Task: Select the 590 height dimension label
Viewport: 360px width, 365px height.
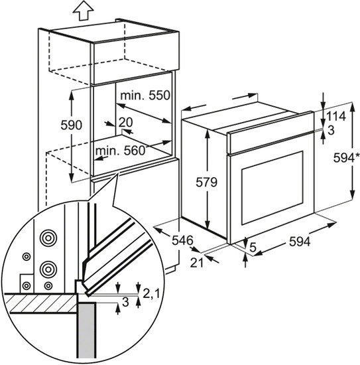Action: [x=72, y=125]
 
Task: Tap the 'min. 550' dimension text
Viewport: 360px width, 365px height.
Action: [x=145, y=95]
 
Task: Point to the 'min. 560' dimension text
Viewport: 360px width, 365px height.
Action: [x=120, y=151]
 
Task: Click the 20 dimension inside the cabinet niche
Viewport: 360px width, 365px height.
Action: [x=125, y=122]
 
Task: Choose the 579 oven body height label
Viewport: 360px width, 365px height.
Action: [x=206, y=182]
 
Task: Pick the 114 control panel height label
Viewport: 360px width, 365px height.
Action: [x=336, y=116]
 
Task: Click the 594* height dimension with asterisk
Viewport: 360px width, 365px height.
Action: [x=347, y=158]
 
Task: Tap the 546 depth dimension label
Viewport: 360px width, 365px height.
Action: [x=182, y=240]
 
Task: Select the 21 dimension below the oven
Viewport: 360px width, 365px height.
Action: [x=197, y=263]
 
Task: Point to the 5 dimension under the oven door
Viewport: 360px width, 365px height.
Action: [x=253, y=248]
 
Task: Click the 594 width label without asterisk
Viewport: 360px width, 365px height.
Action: [x=300, y=242]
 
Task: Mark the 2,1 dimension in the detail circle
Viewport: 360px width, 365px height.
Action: [x=151, y=294]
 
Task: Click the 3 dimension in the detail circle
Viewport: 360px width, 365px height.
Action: [x=125, y=302]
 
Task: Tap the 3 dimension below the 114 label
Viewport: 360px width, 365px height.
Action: [x=331, y=130]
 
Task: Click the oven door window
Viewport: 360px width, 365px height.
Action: [x=272, y=188]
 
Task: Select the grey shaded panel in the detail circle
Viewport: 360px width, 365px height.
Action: [x=87, y=333]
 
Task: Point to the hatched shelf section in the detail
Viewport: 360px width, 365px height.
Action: [x=40, y=303]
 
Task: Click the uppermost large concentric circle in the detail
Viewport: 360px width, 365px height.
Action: [x=48, y=238]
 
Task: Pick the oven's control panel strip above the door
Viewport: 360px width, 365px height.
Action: [x=270, y=133]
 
